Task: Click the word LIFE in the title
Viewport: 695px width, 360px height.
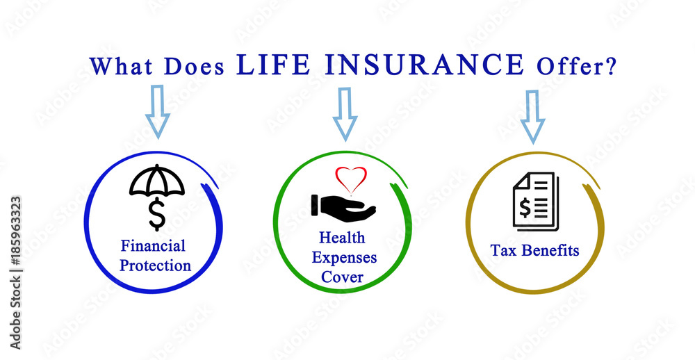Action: [x=273, y=65]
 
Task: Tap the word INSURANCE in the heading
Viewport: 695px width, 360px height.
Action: [x=425, y=65]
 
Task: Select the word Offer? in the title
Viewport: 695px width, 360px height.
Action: [x=576, y=67]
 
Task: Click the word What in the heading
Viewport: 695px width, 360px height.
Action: [x=121, y=67]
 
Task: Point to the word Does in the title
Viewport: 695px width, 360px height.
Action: [x=194, y=67]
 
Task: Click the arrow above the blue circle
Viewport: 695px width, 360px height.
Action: [x=157, y=112]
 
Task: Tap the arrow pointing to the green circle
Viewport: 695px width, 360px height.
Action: [x=345, y=115]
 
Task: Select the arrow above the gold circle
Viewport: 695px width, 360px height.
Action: [x=532, y=117]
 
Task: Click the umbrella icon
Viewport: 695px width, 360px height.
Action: [x=157, y=181]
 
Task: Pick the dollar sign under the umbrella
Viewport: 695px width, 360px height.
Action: [x=157, y=215]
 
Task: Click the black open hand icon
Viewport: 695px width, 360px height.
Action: [x=343, y=206]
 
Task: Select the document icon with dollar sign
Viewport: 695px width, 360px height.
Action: [x=536, y=202]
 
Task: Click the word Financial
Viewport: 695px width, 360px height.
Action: [x=154, y=245]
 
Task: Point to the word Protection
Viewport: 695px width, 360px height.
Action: [x=156, y=265]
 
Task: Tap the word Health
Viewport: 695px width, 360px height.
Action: [x=342, y=238]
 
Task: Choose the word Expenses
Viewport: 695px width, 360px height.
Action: [x=345, y=258]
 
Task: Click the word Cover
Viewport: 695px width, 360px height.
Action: [x=342, y=277]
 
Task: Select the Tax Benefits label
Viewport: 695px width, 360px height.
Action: [x=535, y=250]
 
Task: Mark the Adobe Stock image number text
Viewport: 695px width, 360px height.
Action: [x=15, y=272]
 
